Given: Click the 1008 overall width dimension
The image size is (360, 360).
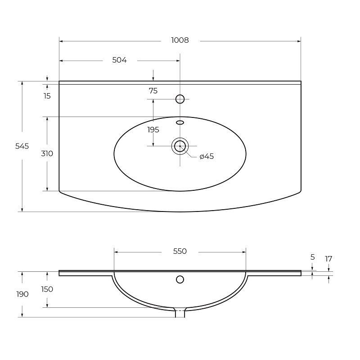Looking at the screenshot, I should click(x=180, y=40).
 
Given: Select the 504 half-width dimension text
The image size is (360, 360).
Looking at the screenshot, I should click(x=119, y=60).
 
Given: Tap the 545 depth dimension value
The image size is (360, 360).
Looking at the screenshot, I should click(x=22, y=146).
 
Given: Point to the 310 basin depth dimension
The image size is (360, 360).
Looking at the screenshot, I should click(x=47, y=153).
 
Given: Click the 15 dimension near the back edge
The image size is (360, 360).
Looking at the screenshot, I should click(x=47, y=96).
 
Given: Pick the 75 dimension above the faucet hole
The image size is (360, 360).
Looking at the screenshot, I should click(x=153, y=91).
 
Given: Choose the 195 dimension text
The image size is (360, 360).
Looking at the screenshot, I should click(x=153, y=130).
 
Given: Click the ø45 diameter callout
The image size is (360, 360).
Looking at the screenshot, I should click(x=206, y=157).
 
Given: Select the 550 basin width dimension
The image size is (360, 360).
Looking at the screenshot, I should click(x=180, y=251).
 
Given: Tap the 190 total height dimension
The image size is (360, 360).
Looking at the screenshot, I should click(x=22, y=294).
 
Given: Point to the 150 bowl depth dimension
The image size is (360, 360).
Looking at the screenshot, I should click(x=47, y=289).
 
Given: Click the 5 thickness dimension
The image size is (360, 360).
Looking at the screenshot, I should click(x=312, y=257).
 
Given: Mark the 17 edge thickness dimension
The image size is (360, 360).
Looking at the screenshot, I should click(x=328, y=259).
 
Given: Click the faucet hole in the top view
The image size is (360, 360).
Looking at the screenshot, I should click(x=180, y=99).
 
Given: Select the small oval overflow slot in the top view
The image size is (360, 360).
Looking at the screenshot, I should click(x=180, y=122).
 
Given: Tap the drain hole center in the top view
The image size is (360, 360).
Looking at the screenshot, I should click(x=180, y=146).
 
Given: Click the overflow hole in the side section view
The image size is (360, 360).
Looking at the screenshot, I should click(x=180, y=279).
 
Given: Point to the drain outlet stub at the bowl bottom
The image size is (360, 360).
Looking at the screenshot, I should click(x=180, y=313).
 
